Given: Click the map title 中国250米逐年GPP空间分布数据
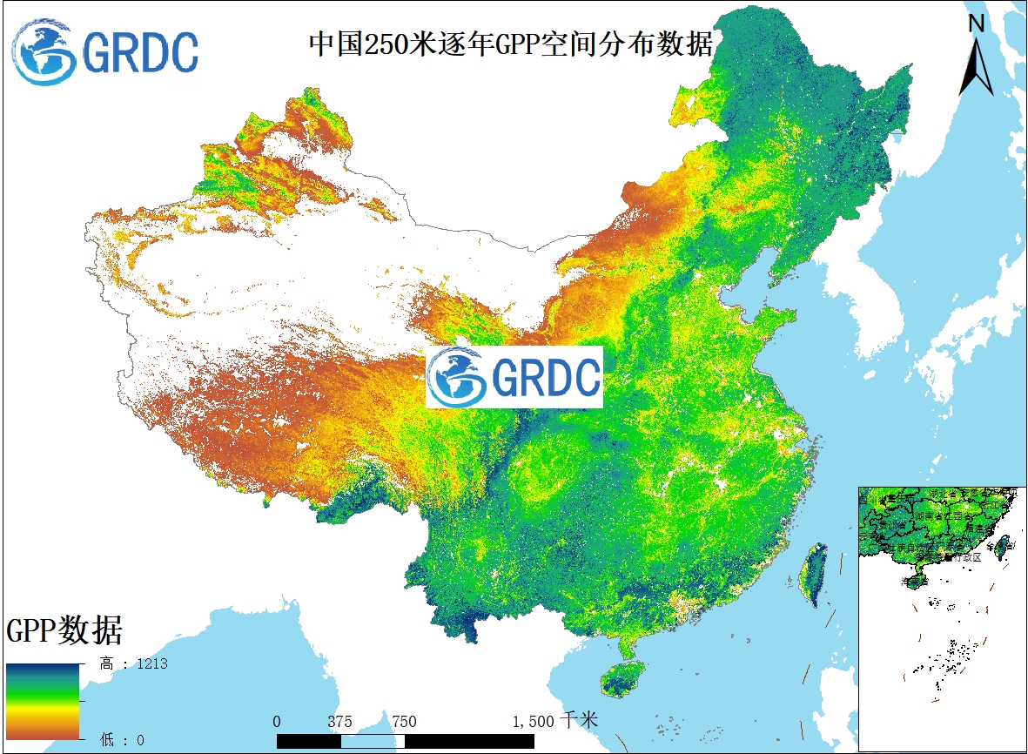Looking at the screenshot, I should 512,44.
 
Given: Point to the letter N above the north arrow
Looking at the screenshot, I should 976,24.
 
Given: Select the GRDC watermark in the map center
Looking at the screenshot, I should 514,377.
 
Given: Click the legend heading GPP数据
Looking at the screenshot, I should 64,629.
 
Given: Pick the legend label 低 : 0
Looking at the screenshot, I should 122,740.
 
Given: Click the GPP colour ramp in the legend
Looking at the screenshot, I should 44,701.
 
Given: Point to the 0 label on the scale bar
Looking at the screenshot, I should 277,721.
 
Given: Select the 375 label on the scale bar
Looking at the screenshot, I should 340,721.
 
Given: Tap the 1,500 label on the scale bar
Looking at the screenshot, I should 533,721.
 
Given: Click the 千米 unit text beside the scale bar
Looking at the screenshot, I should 580,720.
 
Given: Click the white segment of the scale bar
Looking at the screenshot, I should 373,740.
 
